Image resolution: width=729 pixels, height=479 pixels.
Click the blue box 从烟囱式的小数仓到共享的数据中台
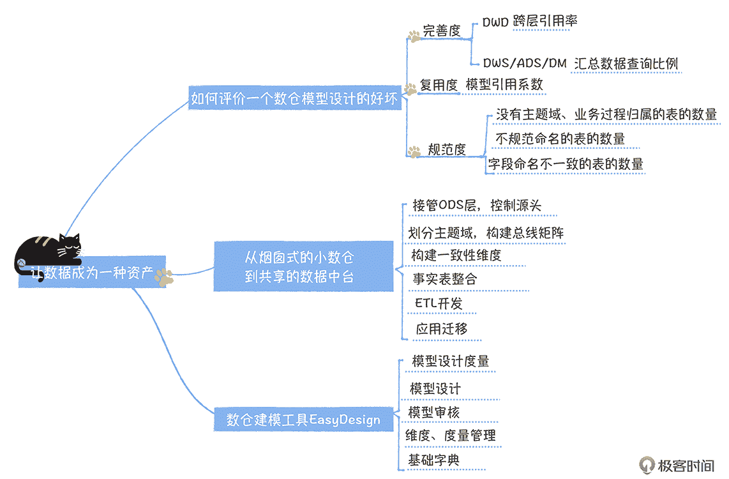click(x=303, y=266)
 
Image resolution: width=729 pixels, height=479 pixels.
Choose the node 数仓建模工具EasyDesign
click(x=303, y=420)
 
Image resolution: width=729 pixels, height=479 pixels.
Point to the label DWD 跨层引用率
click(x=530, y=22)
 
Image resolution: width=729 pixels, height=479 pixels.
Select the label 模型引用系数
click(x=504, y=84)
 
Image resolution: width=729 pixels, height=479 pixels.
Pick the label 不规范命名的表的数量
click(x=560, y=139)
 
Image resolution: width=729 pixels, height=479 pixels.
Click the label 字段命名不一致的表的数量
click(x=566, y=163)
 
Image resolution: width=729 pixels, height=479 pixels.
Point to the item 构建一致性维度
click(x=456, y=255)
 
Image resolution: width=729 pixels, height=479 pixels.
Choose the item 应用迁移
click(x=442, y=329)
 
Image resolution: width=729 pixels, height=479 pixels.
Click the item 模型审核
click(x=433, y=412)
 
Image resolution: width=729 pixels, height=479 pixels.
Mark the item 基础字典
click(x=433, y=460)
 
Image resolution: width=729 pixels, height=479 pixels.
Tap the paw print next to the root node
click(x=163, y=276)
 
